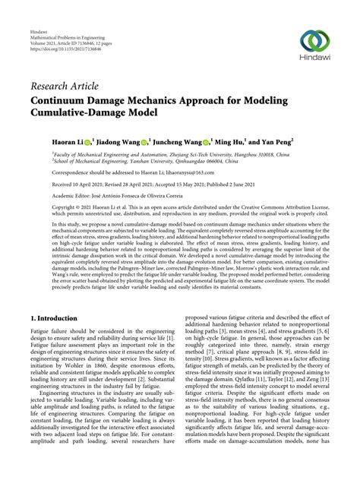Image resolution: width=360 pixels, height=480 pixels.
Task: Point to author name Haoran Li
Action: pos(49,141)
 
